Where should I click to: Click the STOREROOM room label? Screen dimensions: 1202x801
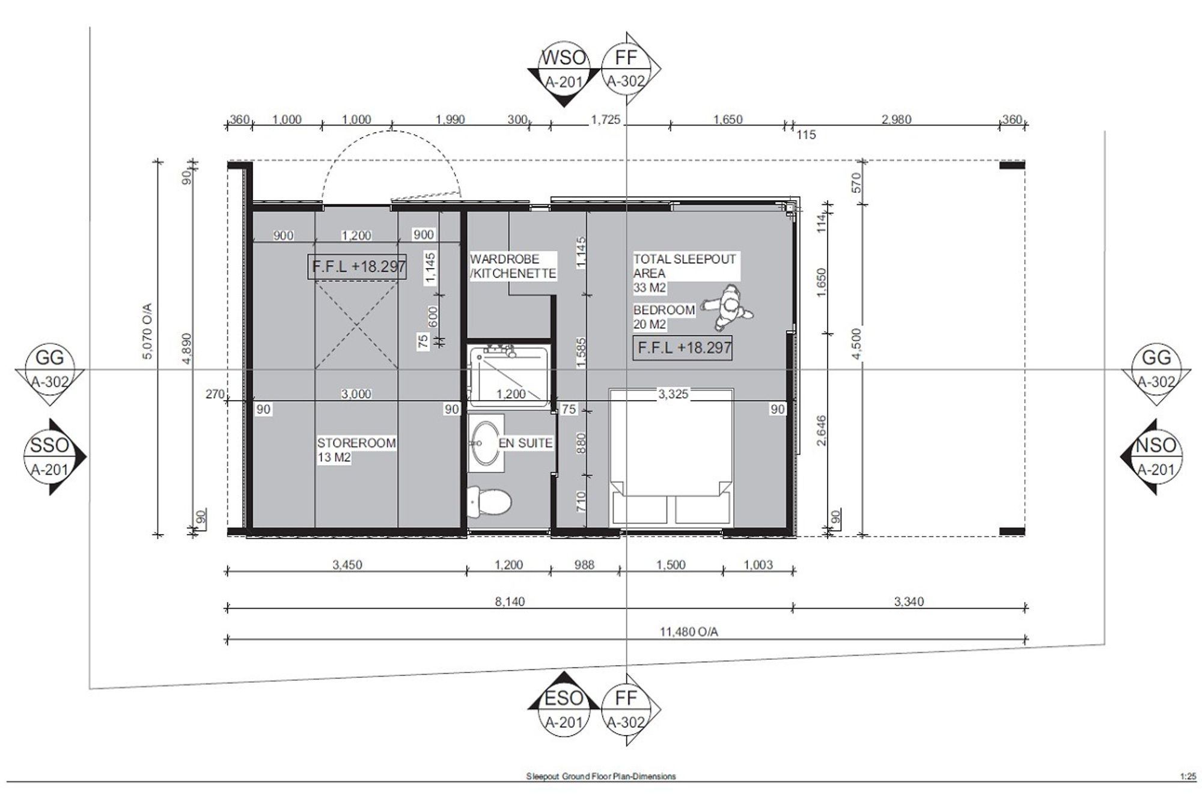[x=356, y=450]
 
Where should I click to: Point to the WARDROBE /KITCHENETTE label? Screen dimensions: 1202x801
[x=513, y=266]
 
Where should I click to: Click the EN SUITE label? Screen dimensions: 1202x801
[x=526, y=443]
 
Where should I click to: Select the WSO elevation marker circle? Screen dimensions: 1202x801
[x=563, y=69]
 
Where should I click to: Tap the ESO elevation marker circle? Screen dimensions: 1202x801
[x=563, y=708]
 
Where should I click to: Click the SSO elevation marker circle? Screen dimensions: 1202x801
[x=49, y=457]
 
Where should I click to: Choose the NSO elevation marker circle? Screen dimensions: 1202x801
[x=1156, y=457]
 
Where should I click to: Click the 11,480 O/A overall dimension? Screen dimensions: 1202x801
[x=689, y=632]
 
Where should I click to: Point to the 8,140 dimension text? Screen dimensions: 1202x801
[x=509, y=602]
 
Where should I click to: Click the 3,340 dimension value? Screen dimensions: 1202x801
[x=909, y=602]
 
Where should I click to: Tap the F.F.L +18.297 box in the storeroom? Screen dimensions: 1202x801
[x=358, y=266]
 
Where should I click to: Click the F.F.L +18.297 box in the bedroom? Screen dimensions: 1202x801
[x=683, y=347]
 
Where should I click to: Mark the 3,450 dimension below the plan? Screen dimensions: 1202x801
[x=347, y=565]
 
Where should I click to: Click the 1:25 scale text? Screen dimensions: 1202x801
[x=1188, y=776]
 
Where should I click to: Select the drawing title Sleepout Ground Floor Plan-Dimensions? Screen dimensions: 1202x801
[x=601, y=776]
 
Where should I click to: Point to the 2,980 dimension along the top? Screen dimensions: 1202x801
[x=896, y=119]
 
